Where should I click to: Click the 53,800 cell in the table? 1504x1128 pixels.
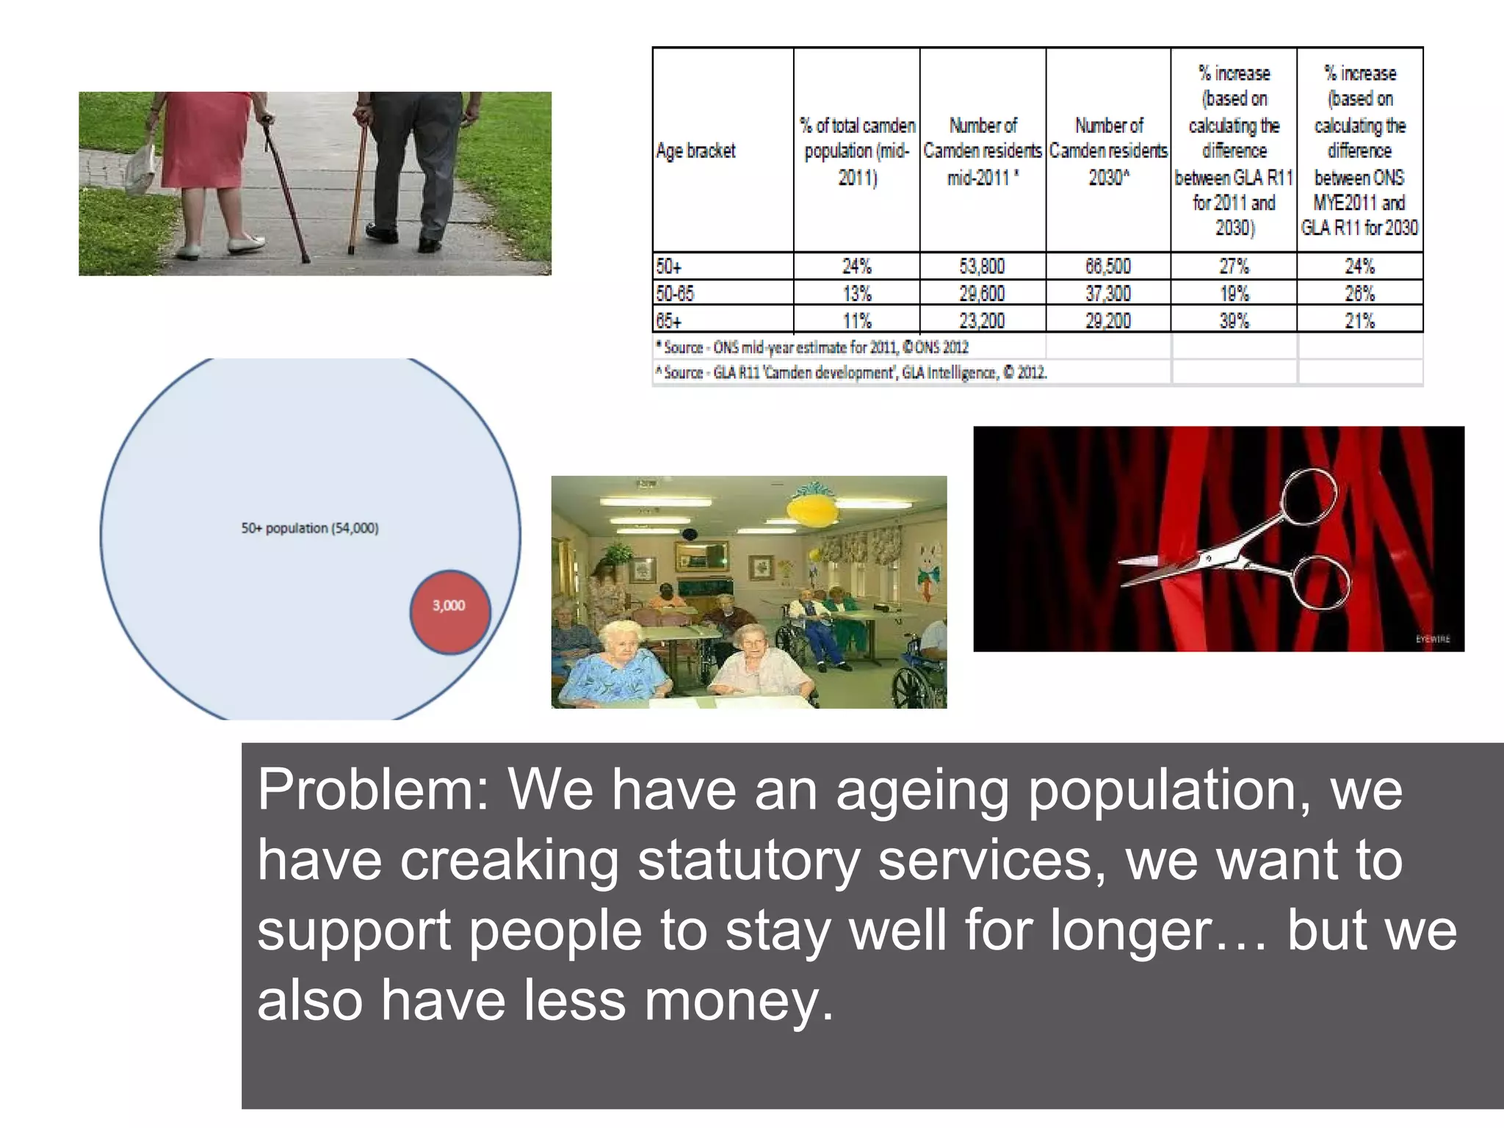(x=982, y=266)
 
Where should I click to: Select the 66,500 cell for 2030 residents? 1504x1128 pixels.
(x=1108, y=266)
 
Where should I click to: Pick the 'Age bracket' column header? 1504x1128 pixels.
(x=695, y=151)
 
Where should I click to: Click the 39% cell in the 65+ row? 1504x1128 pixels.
(x=1234, y=321)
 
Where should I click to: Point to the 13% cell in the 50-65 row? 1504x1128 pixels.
(x=856, y=294)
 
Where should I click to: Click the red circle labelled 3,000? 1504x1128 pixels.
(x=449, y=611)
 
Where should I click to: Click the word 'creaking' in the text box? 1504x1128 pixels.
(x=509, y=861)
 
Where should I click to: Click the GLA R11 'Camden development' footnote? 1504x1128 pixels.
(x=852, y=373)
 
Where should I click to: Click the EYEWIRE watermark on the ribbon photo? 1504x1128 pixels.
(x=1433, y=639)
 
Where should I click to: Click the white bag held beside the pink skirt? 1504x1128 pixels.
(x=141, y=167)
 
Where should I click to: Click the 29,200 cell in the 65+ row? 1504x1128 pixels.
(x=1108, y=321)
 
